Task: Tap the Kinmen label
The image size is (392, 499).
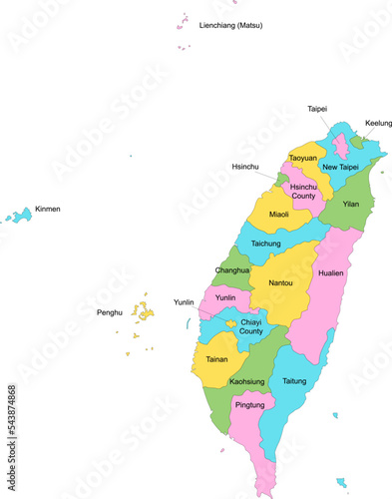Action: tap(48, 210)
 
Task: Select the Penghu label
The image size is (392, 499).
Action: tap(109, 312)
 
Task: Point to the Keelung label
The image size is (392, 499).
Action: tap(378, 123)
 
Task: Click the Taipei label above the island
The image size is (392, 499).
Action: tap(317, 108)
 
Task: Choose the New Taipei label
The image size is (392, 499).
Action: tap(340, 167)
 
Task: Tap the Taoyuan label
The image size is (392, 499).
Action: tap(303, 158)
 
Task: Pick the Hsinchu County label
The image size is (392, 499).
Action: tap(302, 192)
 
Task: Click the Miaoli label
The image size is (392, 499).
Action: tap(279, 214)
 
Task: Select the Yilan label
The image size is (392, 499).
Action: tap(350, 204)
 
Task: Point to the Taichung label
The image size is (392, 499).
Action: tap(265, 243)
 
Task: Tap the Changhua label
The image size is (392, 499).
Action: tap(232, 270)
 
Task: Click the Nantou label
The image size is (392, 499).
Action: tap(280, 282)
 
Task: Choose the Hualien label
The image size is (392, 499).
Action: tap(330, 272)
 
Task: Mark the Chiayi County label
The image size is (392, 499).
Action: tap(251, 326)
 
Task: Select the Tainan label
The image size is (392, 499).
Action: tap(216, 358)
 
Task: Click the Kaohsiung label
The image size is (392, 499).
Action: tap(246, 381)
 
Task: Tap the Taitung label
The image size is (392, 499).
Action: tap(294, 381)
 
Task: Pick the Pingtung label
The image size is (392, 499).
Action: tap(249, 405)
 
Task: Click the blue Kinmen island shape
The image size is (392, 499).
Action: tap(18, 216)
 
